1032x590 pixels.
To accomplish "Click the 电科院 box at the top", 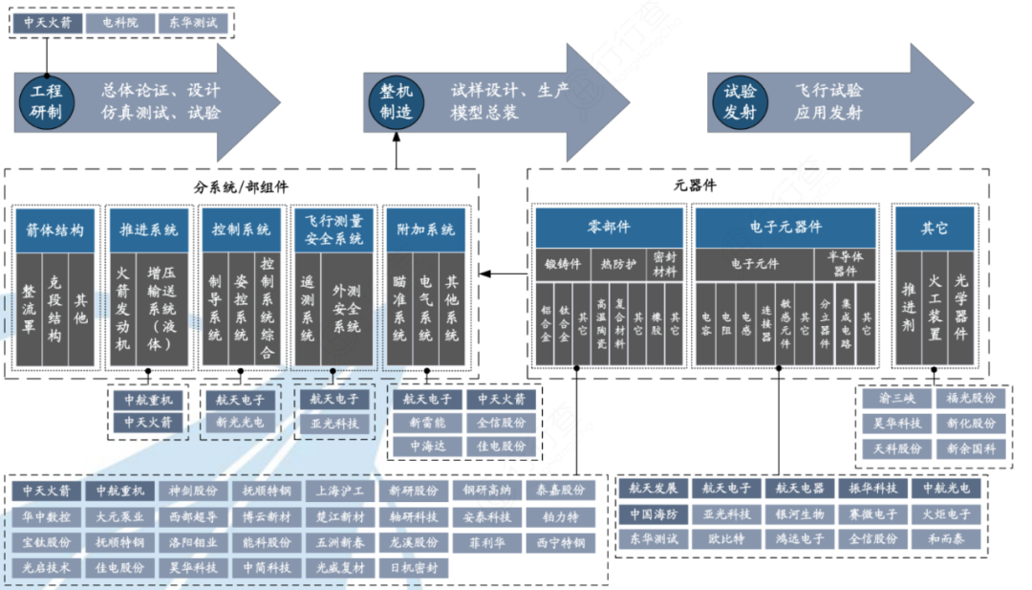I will pyautogui.click(x=119, y=21).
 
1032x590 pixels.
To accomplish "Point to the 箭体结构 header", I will pyautogui.click(x=56, y=230).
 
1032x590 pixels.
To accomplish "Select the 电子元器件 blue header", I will pyautogui.click(x=785, y=228).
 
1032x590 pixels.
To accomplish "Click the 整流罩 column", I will pyautogui.click(x=29, y=309).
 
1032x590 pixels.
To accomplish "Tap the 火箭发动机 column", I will pyautogui.click(x=123, y=309).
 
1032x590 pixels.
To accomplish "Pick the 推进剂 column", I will pyautogui.click(x=908, y=309).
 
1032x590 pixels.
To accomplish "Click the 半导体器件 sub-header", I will pyautogui.click(x=846, y=265).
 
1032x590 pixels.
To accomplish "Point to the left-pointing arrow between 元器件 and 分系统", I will pyautogui.click(x=502, y=274).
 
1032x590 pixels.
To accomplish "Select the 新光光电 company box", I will pyautogui.click(x=240, y=422).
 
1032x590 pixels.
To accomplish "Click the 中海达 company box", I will pyautogui.click(x=427, y=447).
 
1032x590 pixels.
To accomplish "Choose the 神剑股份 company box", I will pyautogui.click(x=193, y=492).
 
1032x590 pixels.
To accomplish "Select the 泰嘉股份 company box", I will pyautogui.click(x=560, y=492).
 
